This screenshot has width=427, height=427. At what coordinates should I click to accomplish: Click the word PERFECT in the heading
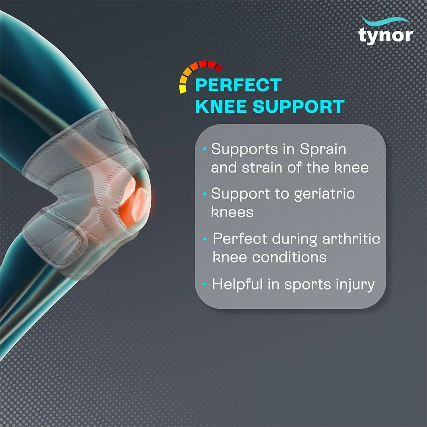(238, 85)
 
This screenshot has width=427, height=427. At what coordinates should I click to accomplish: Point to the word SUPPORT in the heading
(299, 106)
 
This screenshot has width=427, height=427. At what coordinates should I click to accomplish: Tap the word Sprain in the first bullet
(323, 150)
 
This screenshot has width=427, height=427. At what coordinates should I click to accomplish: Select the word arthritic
(351, 239)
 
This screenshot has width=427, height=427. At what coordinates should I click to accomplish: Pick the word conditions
(289, 257)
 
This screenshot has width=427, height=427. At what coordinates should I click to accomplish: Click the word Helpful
(237, 284)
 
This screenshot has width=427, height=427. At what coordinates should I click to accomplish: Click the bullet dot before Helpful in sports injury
(205, 284)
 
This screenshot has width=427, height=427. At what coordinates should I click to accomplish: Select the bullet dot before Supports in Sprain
(205, 149)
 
